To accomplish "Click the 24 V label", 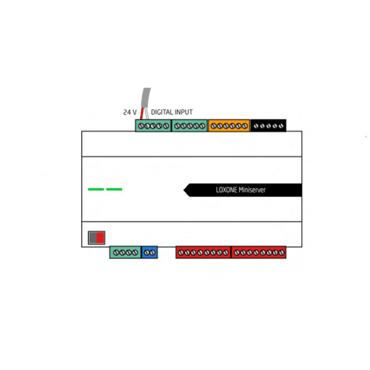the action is (130, 113).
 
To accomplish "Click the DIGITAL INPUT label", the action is (172, 113).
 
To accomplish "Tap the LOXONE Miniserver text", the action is (241, 190).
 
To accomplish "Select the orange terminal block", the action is (229, 126).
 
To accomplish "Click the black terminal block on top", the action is (268, 126).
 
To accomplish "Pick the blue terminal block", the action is (150, 252).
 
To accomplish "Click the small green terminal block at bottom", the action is (125, 252).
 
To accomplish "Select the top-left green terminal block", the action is (154, 126).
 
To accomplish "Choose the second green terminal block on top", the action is (190, 126).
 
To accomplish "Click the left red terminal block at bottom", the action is (203, 252).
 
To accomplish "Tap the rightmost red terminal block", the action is (259, 252).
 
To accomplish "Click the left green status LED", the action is (96, 189).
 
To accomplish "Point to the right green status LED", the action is (114, 189).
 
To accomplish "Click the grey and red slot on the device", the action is (97, 238).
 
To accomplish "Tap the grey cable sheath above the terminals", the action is (146, 98).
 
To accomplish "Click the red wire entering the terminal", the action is (142, 113).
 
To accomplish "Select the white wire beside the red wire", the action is (146, 113).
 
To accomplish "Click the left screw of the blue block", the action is (146, 253).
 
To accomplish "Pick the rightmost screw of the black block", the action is (281, 126).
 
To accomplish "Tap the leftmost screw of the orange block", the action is (213, 126).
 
